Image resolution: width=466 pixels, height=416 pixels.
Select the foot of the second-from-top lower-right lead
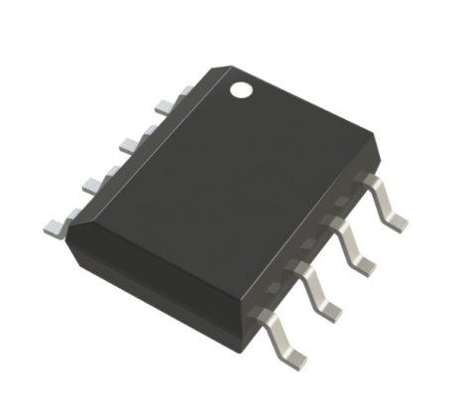tap(366, 261)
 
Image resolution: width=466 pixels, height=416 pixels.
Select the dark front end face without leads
tap(159, 263)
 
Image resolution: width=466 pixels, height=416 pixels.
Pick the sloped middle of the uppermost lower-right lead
tap(382, 199)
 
